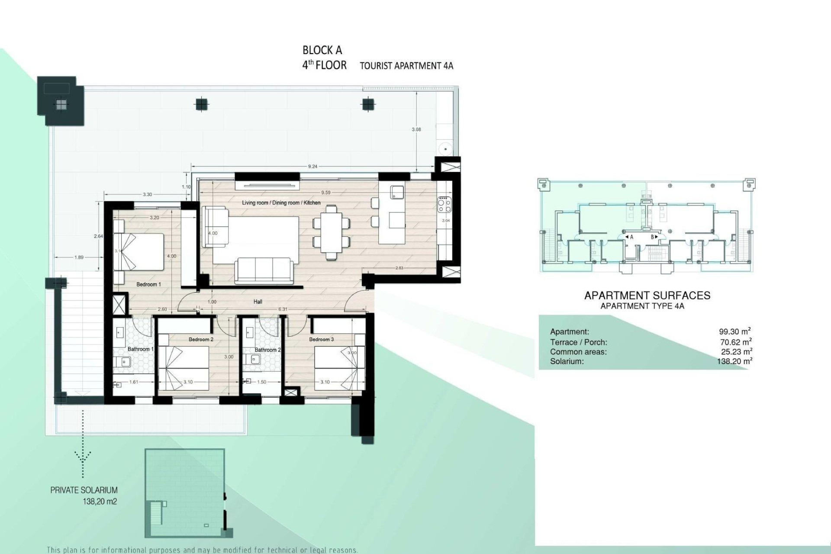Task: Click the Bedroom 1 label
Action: coord(148,284)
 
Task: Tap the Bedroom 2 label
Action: coord(201,340)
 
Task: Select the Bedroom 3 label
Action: coord(321,340)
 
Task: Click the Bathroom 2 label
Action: coord(267,350)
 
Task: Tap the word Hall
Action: coord(258,302)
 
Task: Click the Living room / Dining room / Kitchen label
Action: coord(281,203)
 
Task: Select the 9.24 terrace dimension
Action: coord(312,166)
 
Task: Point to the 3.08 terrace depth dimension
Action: coord(416,129)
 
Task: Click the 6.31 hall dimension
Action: coord(283,309)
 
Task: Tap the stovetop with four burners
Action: coord(444,204)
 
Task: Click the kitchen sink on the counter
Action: coord(397,192)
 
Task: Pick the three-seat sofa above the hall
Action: coord(263,270)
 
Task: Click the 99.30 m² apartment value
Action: coord(734,332)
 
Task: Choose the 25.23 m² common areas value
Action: coord(736,351)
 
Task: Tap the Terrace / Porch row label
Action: coord(578,342)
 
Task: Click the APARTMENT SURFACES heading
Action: coord(647,296)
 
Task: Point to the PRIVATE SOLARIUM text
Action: coord(84,490)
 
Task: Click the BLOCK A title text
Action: coord(322,50)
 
